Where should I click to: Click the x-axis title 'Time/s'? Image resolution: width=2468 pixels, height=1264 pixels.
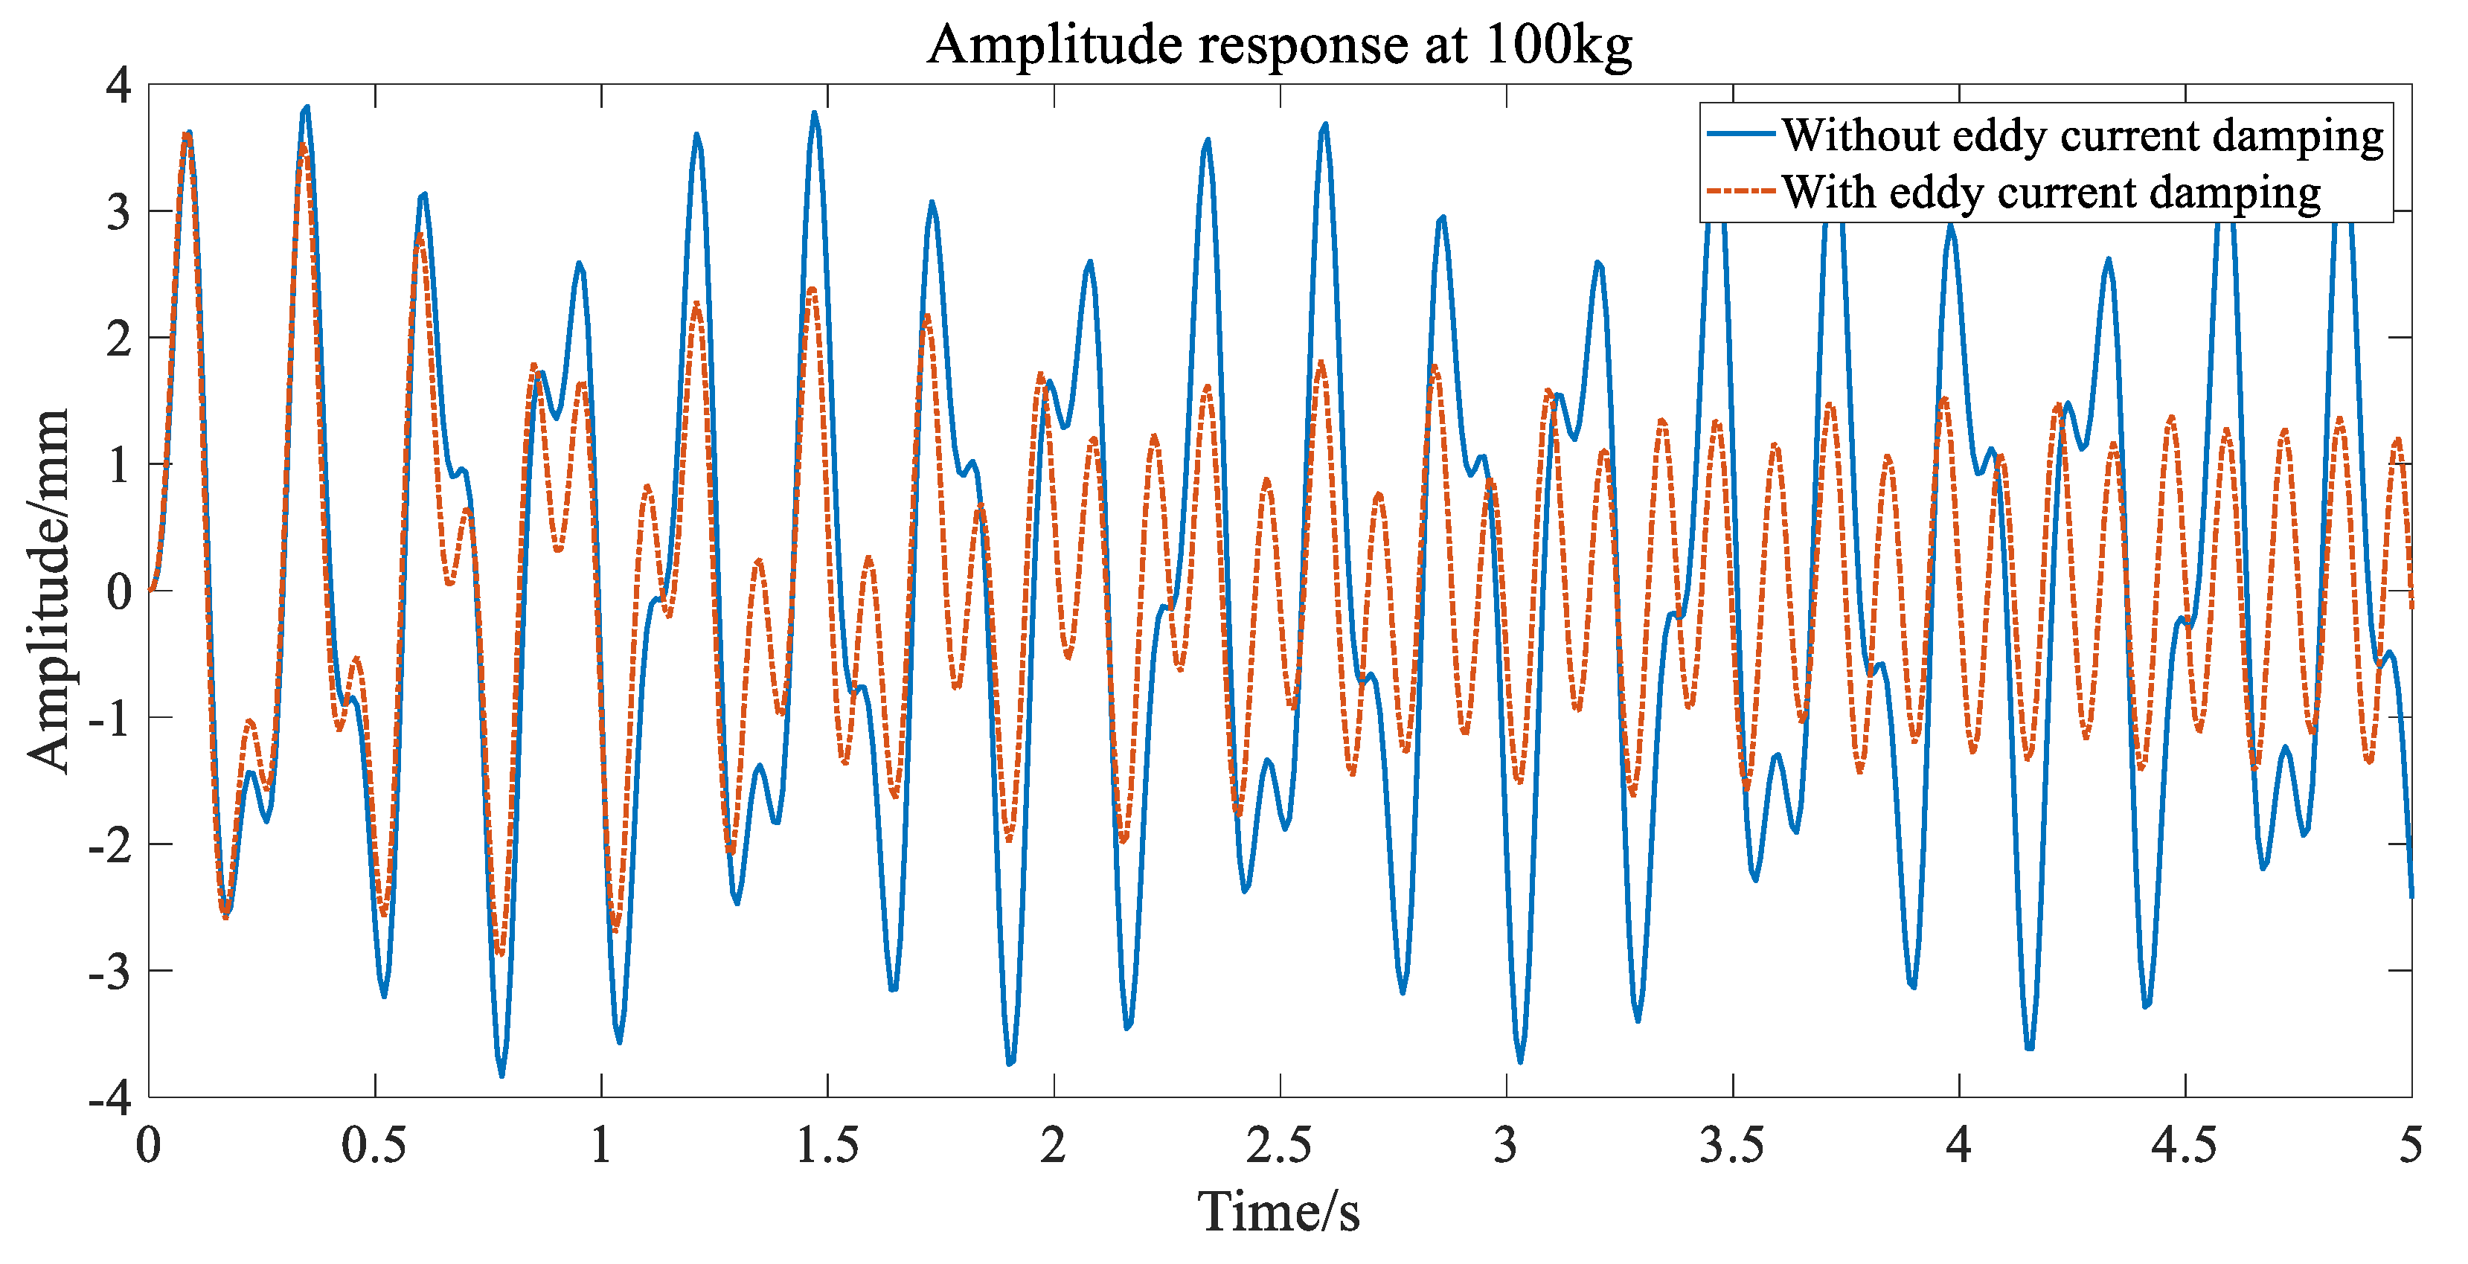pos(1278,1211)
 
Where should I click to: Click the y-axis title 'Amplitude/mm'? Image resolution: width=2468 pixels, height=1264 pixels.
pos(48,590)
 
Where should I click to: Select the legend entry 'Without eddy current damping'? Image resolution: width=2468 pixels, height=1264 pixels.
pos(2082,136)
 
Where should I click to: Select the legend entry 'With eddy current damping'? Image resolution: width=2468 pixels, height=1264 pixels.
pos(2051,193)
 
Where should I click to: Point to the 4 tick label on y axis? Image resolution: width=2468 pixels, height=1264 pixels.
pos(119,86)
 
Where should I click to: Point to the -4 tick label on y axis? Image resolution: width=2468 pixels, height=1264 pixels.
pos(109,1098)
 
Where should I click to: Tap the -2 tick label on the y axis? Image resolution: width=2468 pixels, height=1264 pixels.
pos(109,845)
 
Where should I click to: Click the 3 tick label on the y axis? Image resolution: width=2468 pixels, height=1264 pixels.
pos(119,212)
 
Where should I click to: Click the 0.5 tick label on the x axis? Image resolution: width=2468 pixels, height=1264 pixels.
pos(374,1145)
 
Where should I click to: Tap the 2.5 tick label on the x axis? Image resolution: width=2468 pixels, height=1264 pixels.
pos(1279,1145)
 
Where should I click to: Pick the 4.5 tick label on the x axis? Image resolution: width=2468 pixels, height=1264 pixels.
pos(2185,1145)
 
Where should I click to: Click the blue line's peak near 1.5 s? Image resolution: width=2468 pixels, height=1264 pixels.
pos(813,113)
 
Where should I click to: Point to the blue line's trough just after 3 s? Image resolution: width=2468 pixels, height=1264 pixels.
pos(1519,1061)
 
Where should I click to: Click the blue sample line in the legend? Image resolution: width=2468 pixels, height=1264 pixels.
pos(1741,134)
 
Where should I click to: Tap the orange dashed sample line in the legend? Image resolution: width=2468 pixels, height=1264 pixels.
pos(1741,190)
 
